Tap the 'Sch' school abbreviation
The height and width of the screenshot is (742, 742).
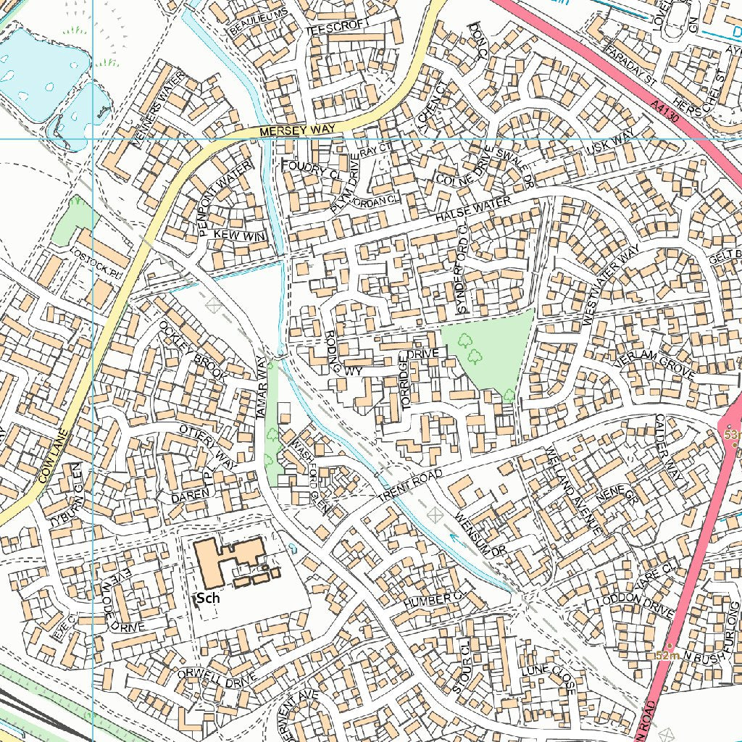point(208,599)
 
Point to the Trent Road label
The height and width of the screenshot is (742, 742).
point(409,488)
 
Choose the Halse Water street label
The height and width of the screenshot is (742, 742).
point(472,208)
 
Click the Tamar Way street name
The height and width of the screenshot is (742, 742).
point(266,391)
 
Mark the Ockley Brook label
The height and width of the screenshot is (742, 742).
point(193,351)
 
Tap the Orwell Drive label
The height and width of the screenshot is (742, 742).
point(217,675)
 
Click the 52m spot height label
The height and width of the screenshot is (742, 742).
point(665,655)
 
